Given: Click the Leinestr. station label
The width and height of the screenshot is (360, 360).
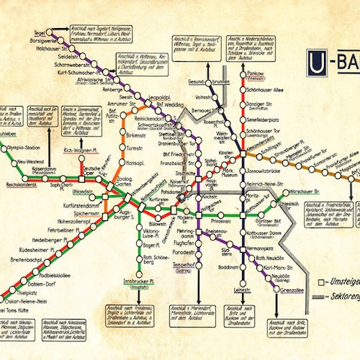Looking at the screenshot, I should click(x=242, y=290).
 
